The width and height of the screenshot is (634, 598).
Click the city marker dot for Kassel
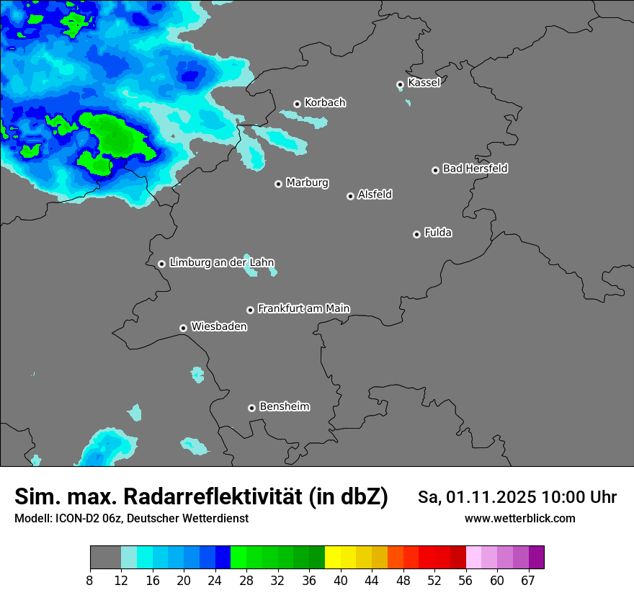[x=401, y=85]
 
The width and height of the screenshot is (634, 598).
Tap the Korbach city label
[x=325, y=103]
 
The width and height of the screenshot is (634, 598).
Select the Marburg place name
[x=307, y=183]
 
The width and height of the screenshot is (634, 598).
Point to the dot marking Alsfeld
[x=351, y=196]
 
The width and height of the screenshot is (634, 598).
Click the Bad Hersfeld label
[x=475, y=169]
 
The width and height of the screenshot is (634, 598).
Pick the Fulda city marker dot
[x=416, y=234]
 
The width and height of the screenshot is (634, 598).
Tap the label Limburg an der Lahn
[x=221, y=263]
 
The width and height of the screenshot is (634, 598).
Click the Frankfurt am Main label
[x=303, y=308]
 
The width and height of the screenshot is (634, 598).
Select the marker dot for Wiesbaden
[x=184, y=328]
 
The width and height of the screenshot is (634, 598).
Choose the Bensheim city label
[x=284, y=406]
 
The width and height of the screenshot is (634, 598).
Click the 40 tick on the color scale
[x=340, y=581]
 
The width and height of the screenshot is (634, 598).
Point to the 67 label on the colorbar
[x=528, y=581]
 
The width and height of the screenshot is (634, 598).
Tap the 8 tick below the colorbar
[x=90, y=581]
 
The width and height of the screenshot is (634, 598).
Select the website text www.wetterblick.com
[x=519, y=518]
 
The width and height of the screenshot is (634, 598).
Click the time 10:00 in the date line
[x=566, y=497]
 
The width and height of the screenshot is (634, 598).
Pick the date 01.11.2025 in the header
[x=490, y=497]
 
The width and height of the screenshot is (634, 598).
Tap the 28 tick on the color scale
[x=246, y=581]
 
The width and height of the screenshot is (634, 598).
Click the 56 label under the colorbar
[x=465, y=581]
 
